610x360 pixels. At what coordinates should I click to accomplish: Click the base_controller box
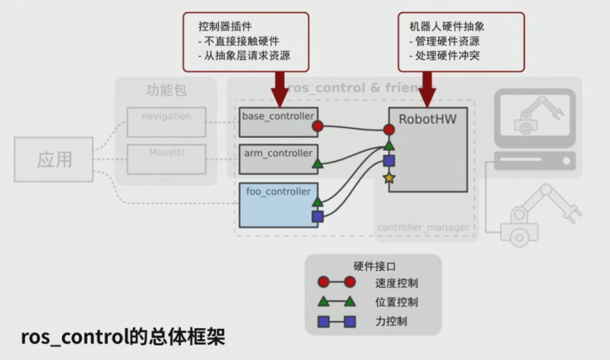278,122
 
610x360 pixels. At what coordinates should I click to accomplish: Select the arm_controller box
278,158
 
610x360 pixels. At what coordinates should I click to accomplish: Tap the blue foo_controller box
278,204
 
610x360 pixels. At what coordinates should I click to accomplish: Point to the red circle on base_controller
318,126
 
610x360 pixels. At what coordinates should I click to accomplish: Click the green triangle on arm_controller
318,162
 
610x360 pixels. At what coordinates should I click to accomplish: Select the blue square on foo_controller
318,216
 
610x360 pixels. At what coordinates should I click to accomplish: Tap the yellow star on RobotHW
389,178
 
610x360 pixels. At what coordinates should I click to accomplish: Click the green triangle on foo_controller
318,201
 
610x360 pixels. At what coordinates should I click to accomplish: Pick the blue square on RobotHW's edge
389,161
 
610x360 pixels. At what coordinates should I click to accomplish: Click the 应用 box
54,160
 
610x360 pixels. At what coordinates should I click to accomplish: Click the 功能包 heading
166,90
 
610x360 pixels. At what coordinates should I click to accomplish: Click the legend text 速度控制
396,283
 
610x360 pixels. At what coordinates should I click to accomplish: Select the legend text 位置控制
396,302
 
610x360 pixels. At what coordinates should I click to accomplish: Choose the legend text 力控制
391,321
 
